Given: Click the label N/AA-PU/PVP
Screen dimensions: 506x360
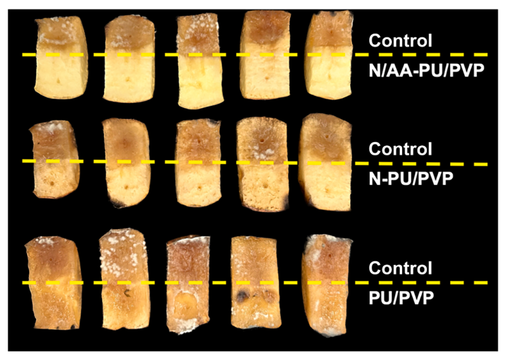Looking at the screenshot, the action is (x=427, y=71).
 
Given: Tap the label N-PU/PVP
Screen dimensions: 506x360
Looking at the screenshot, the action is (x=411, y=179).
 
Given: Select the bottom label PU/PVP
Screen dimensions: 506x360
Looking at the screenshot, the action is (x=401, y=297).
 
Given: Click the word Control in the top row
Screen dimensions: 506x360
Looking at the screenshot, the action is (x=400, y=41).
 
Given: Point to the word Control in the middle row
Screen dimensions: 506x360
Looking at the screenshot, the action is (x=400, y=149).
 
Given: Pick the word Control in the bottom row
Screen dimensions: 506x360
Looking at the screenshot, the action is (x=400, y=268).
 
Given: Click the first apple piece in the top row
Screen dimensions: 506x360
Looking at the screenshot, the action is (x=61, y=57).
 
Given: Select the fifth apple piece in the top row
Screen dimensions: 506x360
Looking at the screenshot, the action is (x=329, y=55).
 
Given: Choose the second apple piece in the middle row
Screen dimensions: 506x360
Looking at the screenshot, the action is (x=126, y=163).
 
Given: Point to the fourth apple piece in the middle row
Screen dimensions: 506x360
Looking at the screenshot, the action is (x=262, y=165).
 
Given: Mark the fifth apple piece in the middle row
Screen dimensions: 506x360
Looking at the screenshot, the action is (x=325, y=162).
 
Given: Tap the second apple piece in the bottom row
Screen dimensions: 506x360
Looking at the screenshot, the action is (x=124, y=279).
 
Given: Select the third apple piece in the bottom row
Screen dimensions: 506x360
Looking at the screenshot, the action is (x=188, y=285).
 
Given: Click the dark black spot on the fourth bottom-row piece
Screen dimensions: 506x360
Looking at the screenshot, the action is (x=241, y=295).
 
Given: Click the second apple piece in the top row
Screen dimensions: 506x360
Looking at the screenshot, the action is (x=129, y=59).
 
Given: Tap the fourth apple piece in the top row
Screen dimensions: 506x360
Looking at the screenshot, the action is (x=265, y=55).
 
